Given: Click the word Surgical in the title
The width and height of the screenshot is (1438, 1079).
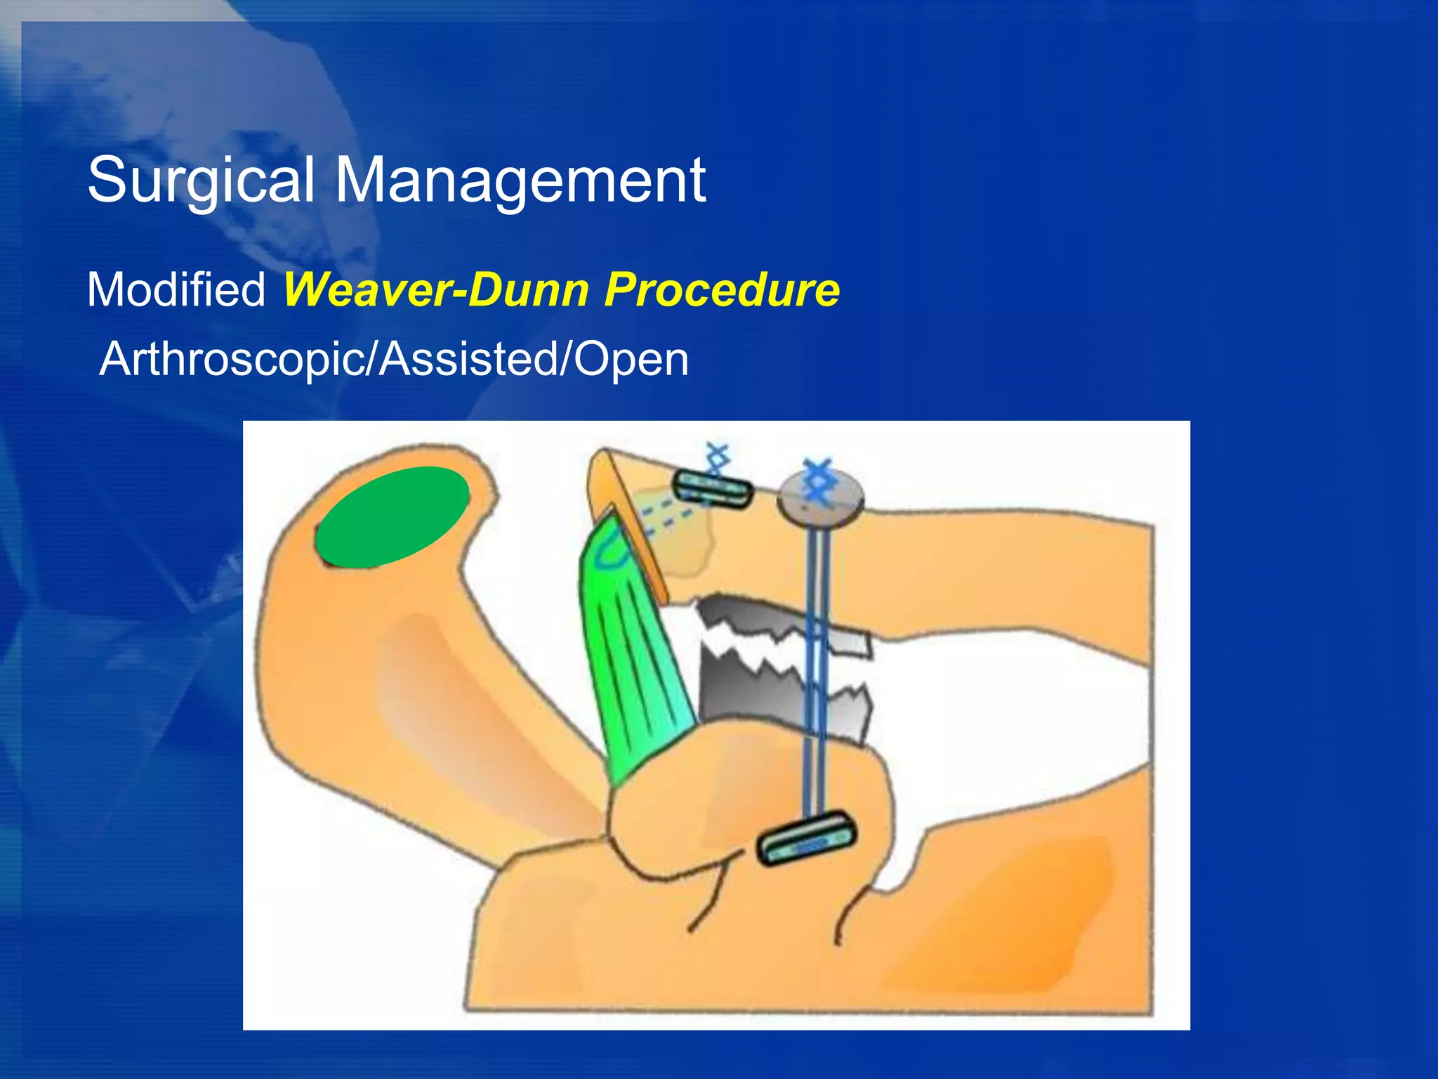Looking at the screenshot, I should coord(200,181).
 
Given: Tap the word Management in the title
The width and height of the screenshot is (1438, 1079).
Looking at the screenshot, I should coord(520,181).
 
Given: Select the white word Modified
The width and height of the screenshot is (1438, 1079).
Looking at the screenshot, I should coord(176,289).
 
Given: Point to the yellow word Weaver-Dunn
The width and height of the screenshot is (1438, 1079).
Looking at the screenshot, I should coord(435,289).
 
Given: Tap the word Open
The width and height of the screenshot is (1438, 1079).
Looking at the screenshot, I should coord(631,359).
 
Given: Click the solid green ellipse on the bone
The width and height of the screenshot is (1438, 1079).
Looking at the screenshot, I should coord(392,516).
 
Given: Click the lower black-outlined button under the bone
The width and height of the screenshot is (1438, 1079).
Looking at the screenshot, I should coord(807,839).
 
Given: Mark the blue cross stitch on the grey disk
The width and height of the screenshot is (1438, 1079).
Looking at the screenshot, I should coord(818,481).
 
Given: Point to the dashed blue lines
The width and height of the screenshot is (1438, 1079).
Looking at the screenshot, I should coord(667,516).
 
